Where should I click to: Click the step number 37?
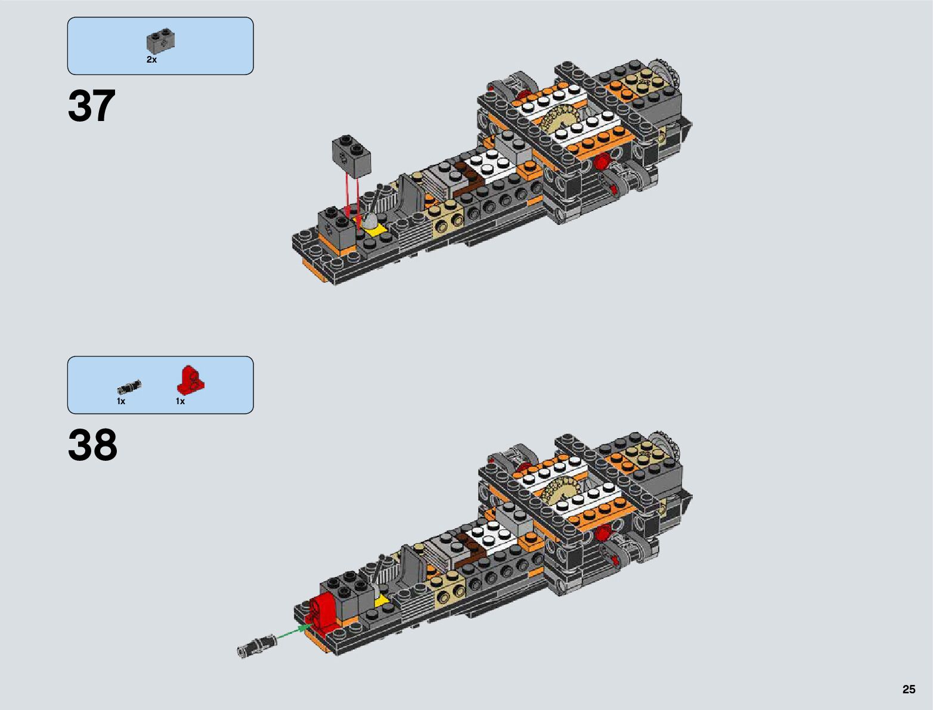[x=92, y=107]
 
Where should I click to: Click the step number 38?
[x=93, y=446]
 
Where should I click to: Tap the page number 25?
[x=909, y=690]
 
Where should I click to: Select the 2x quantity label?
[x=151, y=60]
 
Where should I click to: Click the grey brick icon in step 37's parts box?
[x=160, y=40]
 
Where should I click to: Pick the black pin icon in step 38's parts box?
[x=129, y=387]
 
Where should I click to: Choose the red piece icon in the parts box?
[x=191, y=379]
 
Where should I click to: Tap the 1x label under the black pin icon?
[x=121, y=401]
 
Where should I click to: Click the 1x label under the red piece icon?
[x=180, y=401]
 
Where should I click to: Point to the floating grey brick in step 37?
[x=351, y=155]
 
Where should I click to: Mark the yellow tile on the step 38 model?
[x=380, y=598]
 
